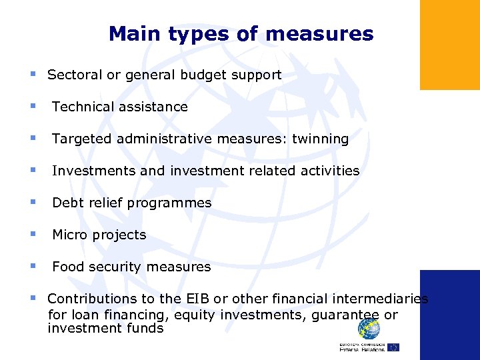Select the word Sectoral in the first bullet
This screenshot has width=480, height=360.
click(x=74, y=75)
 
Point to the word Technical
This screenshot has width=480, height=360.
click(x=83, y=107)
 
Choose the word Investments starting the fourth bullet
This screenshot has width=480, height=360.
click(x=94, y=171)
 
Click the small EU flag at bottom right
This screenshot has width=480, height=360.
click(x=393, y=347)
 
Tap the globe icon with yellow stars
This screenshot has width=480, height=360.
click(x=369, y=328)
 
